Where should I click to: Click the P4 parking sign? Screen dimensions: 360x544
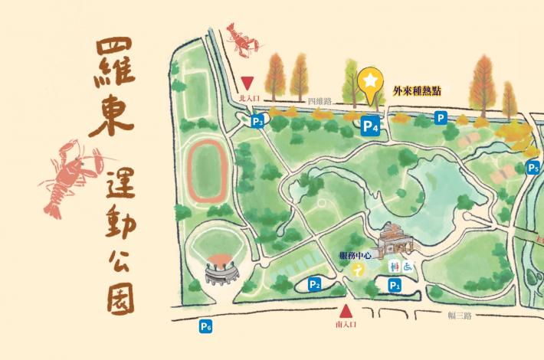pos(371,127)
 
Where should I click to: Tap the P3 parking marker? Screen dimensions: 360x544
pos(258,121)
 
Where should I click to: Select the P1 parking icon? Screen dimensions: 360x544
pos(395,285)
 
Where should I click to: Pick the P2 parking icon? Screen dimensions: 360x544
pos(314,285)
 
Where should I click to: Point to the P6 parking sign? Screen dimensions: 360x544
pos(205,327)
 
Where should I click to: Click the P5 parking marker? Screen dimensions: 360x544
pos(533,169)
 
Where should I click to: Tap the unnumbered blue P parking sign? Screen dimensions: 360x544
pos(441,118)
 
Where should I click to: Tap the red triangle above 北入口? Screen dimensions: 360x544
pos(247,82)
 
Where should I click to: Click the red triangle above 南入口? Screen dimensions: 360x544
pos(346,311)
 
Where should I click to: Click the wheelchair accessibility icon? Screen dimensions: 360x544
pos(408,267)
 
